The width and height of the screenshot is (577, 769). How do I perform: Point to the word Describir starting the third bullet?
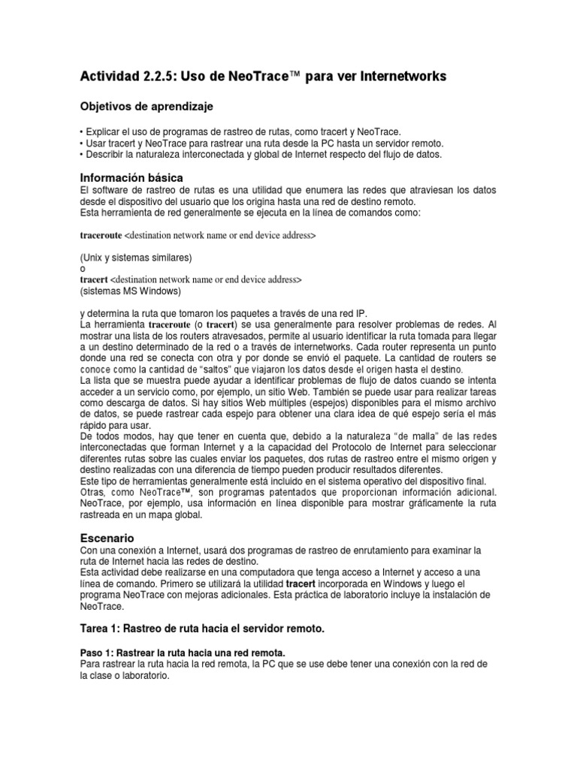pos(103,154)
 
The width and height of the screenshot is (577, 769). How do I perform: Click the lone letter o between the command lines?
pos(83,268)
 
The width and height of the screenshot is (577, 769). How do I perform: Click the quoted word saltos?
pos(238,369)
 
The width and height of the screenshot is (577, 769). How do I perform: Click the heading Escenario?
pos(107,538)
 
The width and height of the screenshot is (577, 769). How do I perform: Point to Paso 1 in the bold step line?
pos(96,652)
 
